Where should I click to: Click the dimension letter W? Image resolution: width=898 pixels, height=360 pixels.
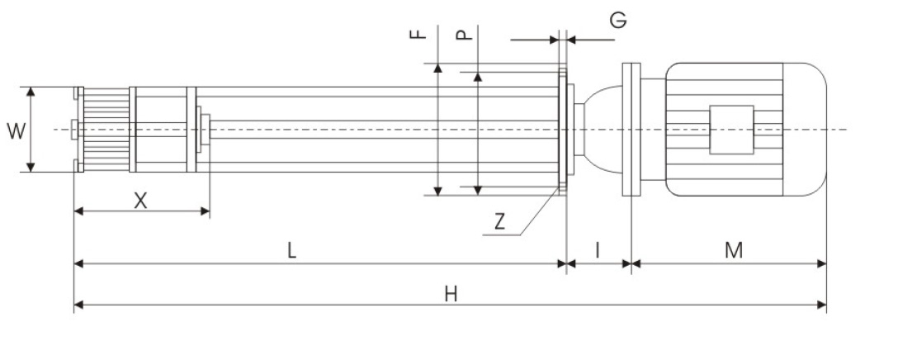15,130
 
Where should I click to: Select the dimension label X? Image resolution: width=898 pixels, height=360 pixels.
141,200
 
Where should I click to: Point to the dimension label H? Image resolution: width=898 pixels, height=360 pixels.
451,294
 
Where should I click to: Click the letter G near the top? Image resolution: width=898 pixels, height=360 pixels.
618,21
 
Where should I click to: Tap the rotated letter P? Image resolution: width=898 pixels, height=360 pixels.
464,36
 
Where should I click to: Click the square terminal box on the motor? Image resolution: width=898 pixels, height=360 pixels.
731,129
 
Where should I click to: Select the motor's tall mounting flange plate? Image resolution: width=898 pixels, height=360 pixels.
631,129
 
